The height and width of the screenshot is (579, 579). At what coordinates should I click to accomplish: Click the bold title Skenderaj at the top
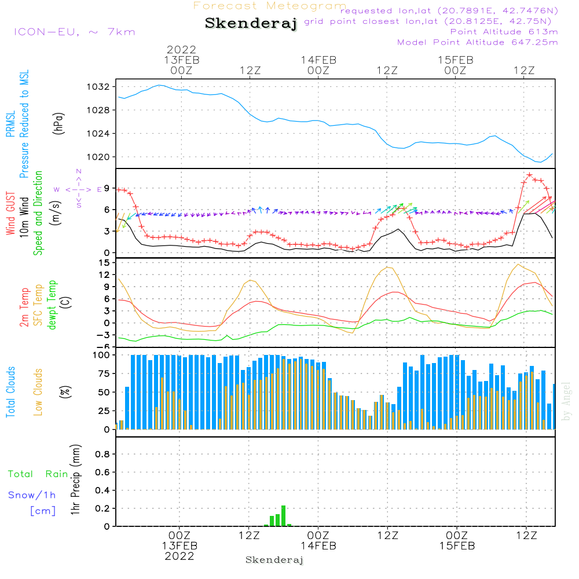pyautogui.click(x=251, y=23)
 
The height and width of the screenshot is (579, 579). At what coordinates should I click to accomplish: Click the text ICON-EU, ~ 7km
pyautogui.click(x=74, y=32)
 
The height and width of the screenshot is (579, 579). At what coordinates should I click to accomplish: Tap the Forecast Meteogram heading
pyautogui.click(x=270, y=6)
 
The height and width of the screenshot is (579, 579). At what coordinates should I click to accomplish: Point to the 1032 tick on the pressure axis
pyautogui.click(x=98, y=87)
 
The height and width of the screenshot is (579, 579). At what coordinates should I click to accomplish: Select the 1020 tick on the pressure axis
pyautogui.click(x=98, y=157)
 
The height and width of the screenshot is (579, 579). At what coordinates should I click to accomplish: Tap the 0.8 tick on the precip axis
pyautogui.click(x=102, y=455)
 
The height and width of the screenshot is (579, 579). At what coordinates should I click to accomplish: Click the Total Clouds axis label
pyautogui.click(x=10, y=391)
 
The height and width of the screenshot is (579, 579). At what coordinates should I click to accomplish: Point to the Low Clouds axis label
pyautogui.click(x=38, y=391)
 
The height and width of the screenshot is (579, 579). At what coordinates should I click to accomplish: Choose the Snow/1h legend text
pyautogui.click(x=32, y=496)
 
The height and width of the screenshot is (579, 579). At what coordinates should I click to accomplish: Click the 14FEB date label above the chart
pyautogui.click(x=318, y=60)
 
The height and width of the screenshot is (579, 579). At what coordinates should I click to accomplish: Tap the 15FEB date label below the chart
pyautogui.click(x=456, y=546)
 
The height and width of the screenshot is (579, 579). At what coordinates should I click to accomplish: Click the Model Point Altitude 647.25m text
pyautogui.click(x=477, y=42)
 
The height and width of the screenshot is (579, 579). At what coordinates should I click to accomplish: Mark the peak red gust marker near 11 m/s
pyautogui.click(x=529, y=174)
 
